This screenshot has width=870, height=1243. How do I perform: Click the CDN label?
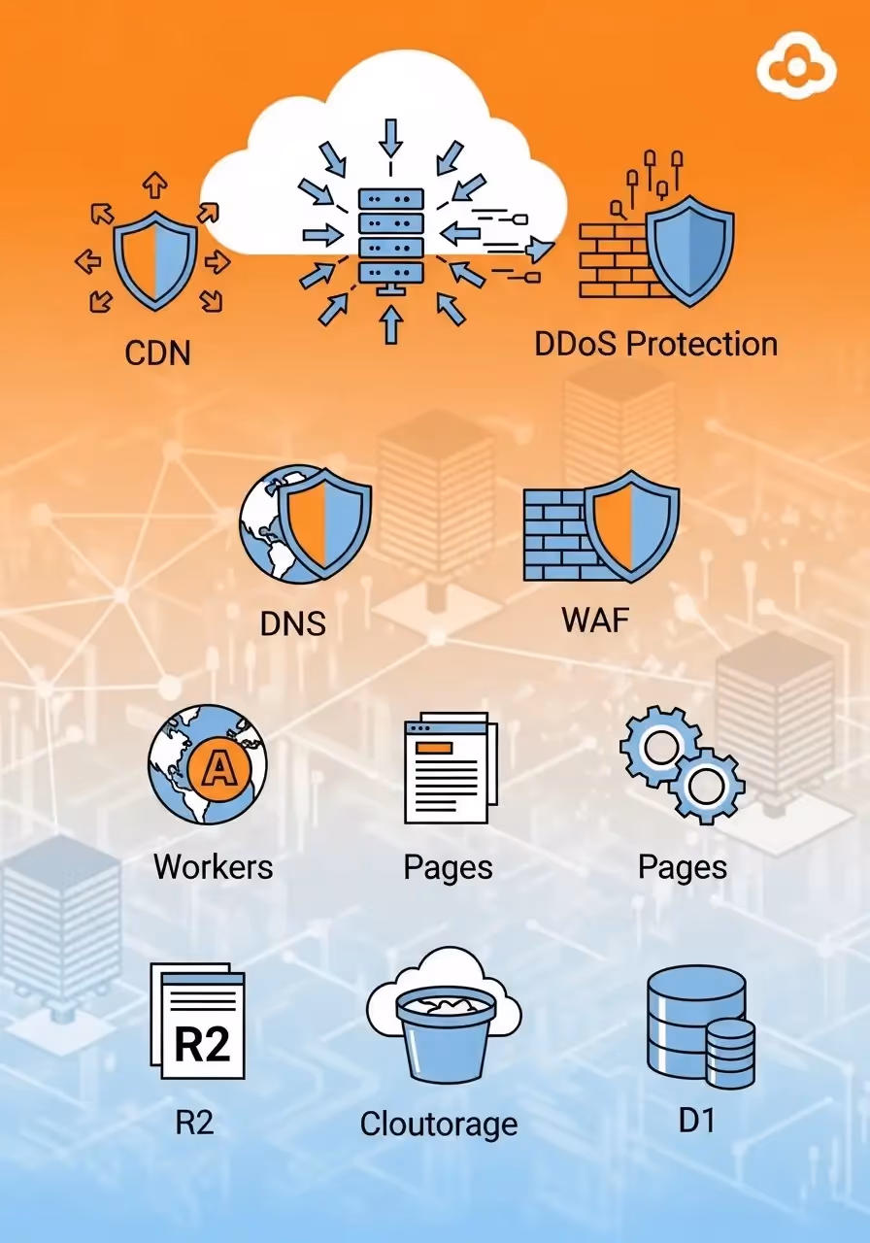(x=157, y=353)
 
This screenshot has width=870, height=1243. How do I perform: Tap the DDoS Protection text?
(x=656, y=344)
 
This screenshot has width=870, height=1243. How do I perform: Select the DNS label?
(x=292, y=623)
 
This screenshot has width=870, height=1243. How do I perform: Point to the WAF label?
(x=595, y=620)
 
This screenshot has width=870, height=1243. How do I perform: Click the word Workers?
(x=214, y=866)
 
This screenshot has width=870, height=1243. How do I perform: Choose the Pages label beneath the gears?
(x=682, y=867)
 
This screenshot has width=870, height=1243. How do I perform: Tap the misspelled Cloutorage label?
(x=439, y=1125)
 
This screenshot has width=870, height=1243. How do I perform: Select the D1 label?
(x=696, y=1121)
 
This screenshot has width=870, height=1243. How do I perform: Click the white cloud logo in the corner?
(x=796, y=69)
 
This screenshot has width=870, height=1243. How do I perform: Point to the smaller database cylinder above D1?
(x=729, y=1053)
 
